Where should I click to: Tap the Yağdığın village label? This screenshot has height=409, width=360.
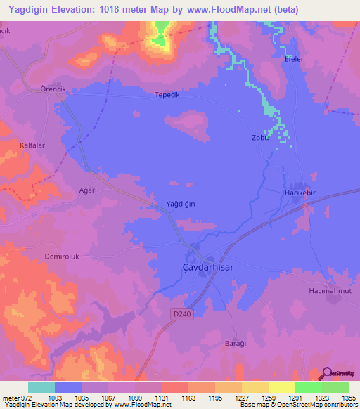coord(180,203)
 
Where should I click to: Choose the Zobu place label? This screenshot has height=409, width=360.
coord(261,138)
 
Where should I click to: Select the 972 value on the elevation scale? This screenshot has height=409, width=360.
coord(22,397)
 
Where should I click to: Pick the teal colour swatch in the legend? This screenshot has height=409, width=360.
coord(41,387)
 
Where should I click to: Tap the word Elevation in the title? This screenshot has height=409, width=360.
coord(86,10)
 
